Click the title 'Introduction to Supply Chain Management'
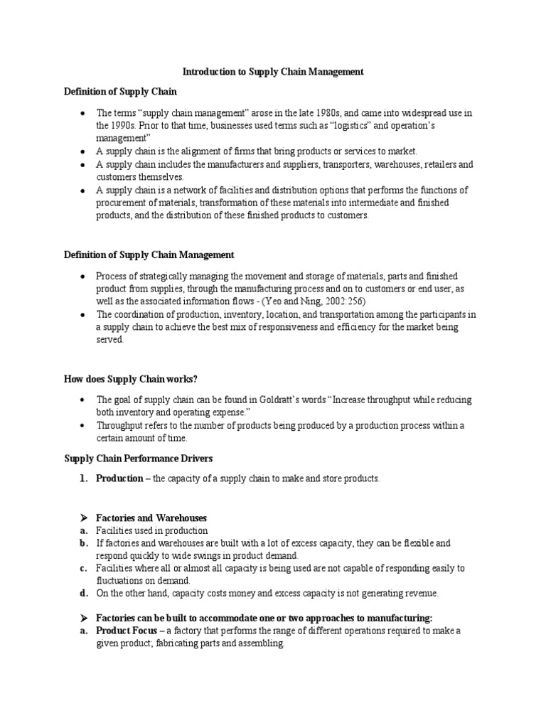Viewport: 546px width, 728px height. click(274, 72)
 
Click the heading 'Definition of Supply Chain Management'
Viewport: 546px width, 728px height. click(149, 255)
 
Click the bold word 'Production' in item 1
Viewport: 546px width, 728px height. click(119, 479)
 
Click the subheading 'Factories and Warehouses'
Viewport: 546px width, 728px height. click(151, 518)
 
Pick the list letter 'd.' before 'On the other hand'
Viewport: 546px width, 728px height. click(84, 593)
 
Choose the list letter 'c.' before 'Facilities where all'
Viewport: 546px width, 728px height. click(84, 568)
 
